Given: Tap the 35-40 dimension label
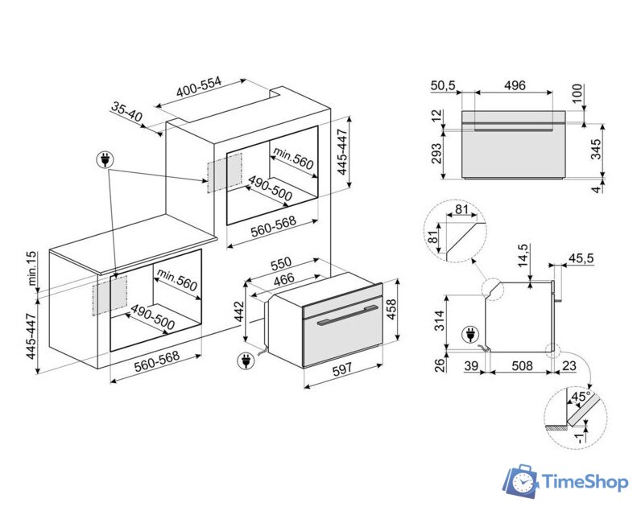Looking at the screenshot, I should click(127, 112).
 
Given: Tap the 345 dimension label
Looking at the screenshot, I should click(597, 150).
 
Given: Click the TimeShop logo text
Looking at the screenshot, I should click(585, 482).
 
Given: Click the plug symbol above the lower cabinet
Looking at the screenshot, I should click(105, 160).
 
